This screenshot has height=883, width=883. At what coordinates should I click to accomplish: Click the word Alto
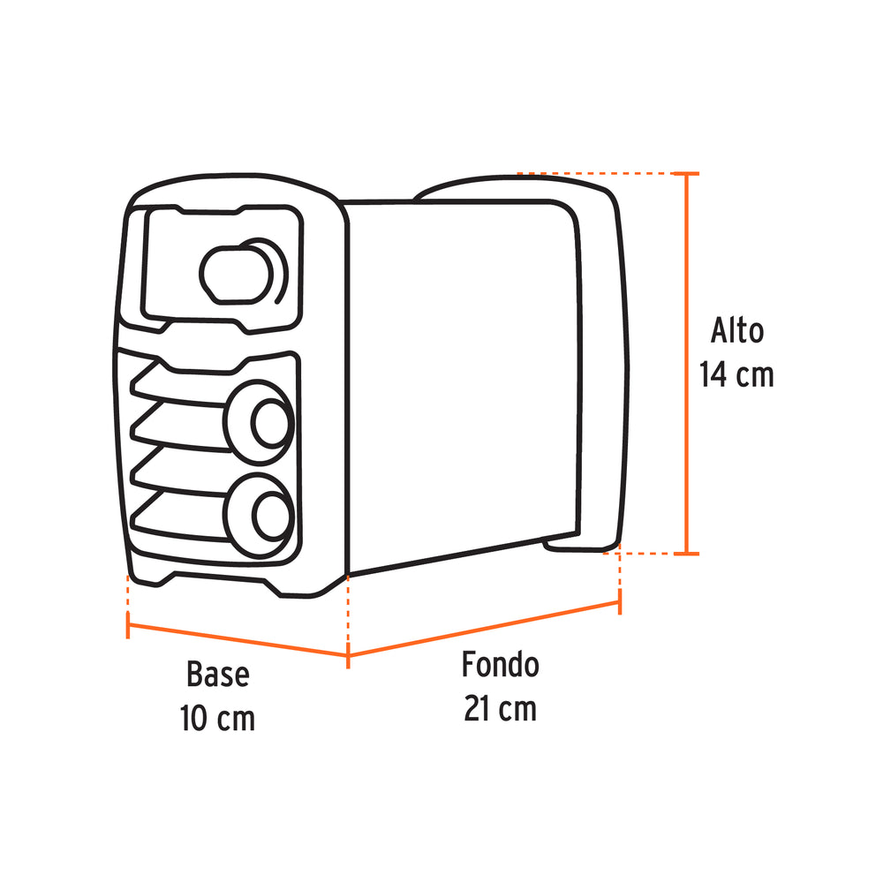click(x=737, y=331)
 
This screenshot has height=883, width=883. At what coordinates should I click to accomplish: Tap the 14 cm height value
click(x=736, y=374)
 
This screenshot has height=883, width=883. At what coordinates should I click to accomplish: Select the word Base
click(x=217, y=675)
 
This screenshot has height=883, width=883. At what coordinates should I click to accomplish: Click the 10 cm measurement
click(x=217, y=717)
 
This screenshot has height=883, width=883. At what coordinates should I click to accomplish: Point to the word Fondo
click(x=500, y=665)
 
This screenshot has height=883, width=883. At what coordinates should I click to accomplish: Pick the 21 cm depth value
click(x=500, y=708)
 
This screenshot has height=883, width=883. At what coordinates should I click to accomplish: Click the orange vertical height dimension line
click(x=687, y=362)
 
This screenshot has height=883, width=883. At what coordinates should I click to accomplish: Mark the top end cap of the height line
click(x=687, y=174)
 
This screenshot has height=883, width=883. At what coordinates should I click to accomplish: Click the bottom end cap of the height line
click(x=687, y=554)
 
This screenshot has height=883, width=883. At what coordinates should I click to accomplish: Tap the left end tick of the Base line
click(x=129, y=626)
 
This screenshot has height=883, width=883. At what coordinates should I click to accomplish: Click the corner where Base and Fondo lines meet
click(x=347, y=655)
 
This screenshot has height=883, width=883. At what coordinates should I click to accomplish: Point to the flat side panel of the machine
click(x=459, y=380)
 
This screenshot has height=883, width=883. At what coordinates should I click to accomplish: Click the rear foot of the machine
click(x=578, y=546)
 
